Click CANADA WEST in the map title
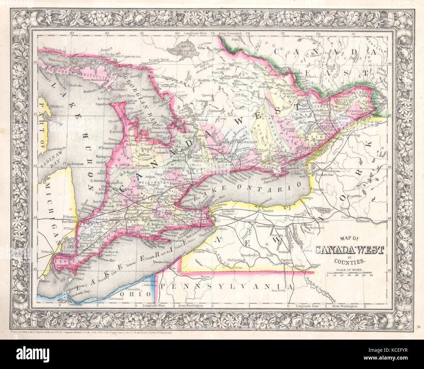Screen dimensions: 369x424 point(349,250)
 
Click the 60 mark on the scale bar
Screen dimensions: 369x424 point(371,276)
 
